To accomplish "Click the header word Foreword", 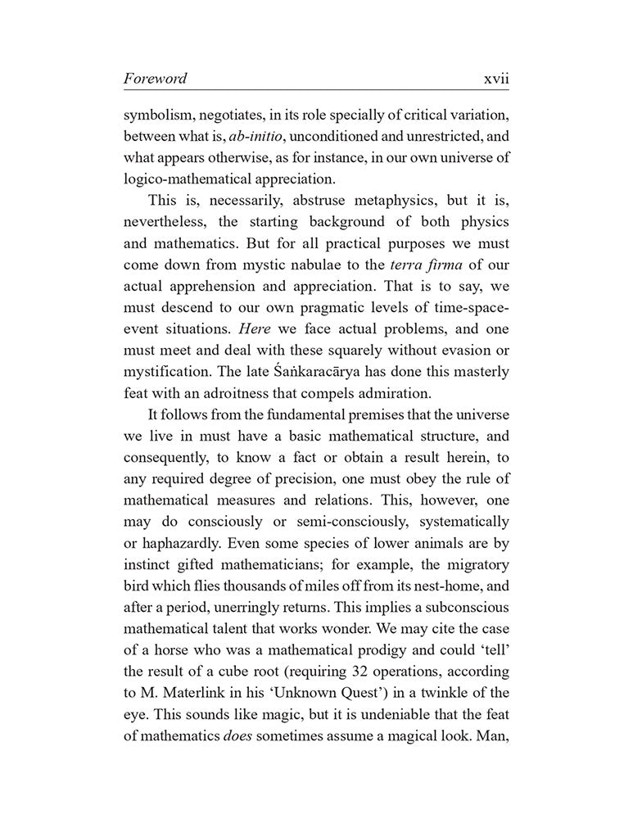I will [155, 79].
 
